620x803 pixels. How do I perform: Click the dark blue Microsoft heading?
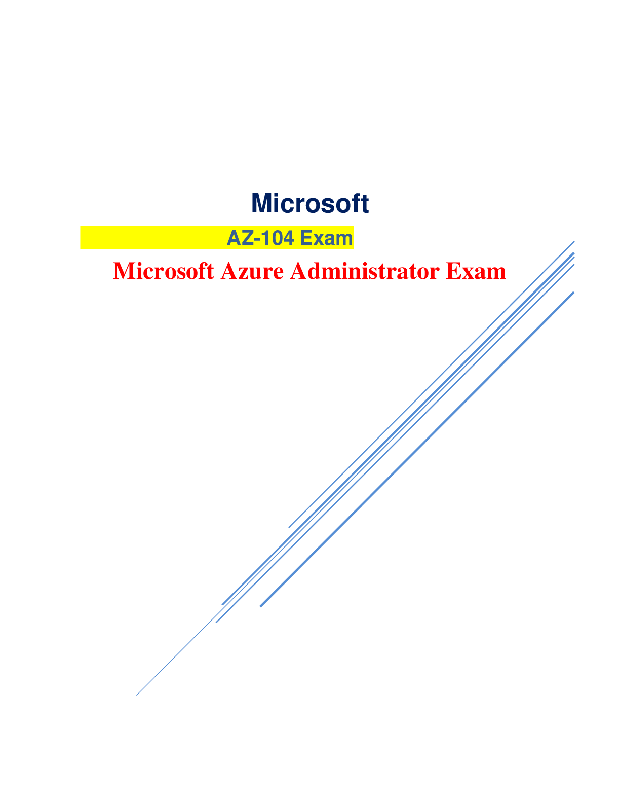point(310,204)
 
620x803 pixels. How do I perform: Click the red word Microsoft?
point(163,271)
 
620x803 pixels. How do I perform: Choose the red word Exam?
point(476,271)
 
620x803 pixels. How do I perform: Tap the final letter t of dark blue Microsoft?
point(365,204)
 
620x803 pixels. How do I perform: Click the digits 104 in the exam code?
point(278,238)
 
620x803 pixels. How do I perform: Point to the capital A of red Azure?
point(229,271)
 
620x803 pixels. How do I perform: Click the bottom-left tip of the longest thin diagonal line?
point(137,695)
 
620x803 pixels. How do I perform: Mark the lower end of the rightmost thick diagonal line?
point(260,606)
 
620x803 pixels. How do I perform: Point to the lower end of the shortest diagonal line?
point(289,527)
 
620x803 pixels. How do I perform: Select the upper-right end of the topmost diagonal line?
point(574,242)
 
